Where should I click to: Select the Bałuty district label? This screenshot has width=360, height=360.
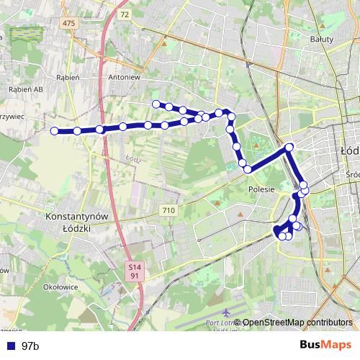[321, 40]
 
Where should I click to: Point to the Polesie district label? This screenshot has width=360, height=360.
[261, 189]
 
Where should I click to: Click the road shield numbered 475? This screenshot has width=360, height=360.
[68, 24]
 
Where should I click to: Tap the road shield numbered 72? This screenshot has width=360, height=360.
[125, 14]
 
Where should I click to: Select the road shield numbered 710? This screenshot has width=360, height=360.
[168, 210]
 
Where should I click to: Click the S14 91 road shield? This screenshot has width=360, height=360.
[134, 270]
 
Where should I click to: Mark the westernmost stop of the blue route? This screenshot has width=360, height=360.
[54, 130]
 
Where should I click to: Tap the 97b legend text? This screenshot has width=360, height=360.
[30, 346]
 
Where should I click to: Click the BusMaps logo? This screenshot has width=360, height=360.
[326, 345]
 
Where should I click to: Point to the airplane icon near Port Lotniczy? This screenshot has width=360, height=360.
[228, 313]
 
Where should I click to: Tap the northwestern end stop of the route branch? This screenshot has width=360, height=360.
[156, 104]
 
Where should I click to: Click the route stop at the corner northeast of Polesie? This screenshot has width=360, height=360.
[289, 148]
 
